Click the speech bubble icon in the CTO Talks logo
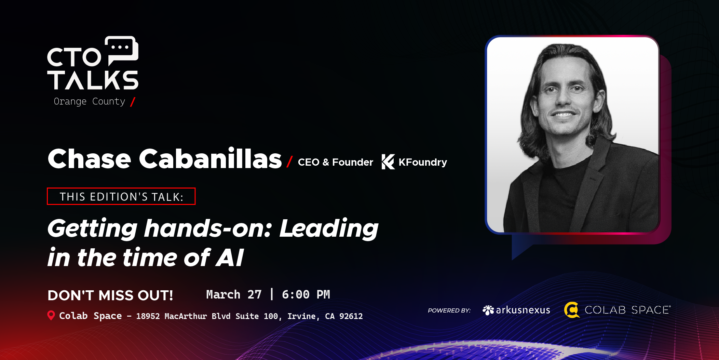pos(122,50)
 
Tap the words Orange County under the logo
pos(89,101)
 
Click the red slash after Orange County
pos(133,101)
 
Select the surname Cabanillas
pos(210,159)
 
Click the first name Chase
pos(89,159)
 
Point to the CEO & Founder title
pos(335,162)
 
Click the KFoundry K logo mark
pos(388,162)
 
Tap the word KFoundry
pos(423,162)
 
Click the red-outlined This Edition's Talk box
pos(121,196)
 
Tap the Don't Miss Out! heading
pos(110,295)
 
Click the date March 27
pos(234,294)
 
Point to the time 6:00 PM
pos(306,294)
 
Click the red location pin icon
pos(51,315)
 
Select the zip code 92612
pos(351,316)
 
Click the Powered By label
pos(449,310)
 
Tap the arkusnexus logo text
pos(523,310)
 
